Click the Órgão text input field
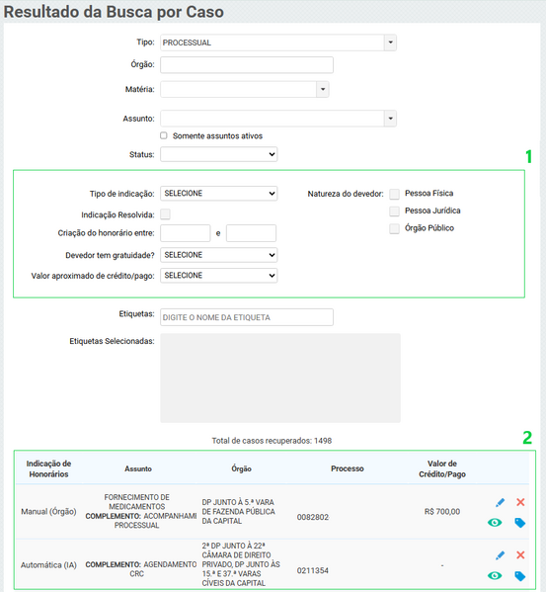246,66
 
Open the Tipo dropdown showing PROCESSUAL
277,42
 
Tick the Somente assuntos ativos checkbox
164,135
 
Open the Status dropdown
218,154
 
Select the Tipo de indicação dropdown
218,194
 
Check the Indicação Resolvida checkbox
165,213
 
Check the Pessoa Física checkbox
395,194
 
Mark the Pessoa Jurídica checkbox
395,211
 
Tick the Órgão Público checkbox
395,228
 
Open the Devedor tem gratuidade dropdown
218,255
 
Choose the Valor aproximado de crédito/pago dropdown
218,275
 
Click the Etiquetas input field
246,317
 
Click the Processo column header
348,468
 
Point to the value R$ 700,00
442,512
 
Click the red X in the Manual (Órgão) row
520,503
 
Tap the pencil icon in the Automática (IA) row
500,555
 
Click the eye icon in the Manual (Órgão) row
495,523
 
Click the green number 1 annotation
528,156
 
